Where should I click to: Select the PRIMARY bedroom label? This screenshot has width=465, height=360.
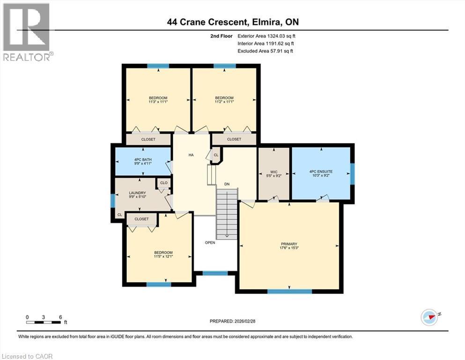click(289, 244)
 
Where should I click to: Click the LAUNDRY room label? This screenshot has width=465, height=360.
click(138, 193)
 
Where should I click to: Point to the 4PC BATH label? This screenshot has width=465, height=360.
click(143, 160)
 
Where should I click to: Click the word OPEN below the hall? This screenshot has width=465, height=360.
click(209, 242)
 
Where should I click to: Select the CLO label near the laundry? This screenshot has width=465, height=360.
click(164, 183)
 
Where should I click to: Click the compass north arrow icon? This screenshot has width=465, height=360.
click(429, 317)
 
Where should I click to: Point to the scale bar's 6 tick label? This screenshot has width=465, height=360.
click(60, 317)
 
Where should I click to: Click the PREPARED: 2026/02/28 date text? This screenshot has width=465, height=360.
click(232, 321)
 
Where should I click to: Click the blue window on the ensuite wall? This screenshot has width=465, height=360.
click(352, 172)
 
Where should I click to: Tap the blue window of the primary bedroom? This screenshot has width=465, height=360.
click(289, 291)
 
